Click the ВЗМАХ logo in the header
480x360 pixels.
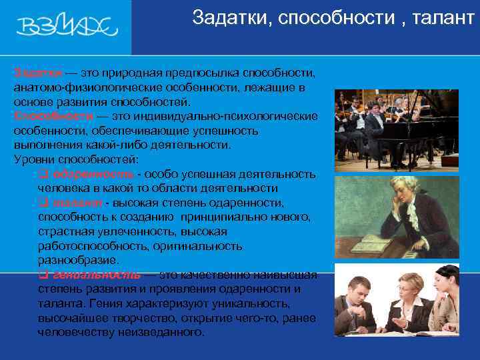[x=67, y=27]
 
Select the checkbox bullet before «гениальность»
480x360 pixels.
[x=43, y=275]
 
